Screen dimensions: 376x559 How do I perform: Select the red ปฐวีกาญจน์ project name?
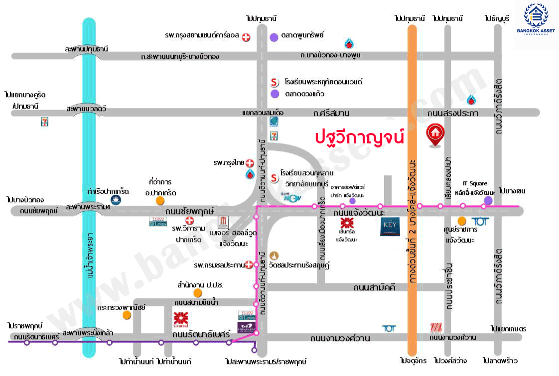(359, 136)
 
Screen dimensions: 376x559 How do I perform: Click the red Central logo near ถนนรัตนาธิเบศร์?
(180, 318)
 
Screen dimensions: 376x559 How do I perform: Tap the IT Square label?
(475, 183)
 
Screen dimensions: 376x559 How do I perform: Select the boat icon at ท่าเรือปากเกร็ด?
(115, 200)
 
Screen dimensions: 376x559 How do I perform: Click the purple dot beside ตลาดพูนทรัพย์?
(274, 37)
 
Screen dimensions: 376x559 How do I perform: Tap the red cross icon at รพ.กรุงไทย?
(250, 163)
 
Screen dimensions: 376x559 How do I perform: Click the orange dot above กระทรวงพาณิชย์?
(127, 315)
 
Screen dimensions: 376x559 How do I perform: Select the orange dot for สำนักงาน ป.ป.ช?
(198, 292)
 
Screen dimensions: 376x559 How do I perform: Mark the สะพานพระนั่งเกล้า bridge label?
(88, 332)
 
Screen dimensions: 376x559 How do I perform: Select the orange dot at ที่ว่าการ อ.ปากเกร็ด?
(160, 201)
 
